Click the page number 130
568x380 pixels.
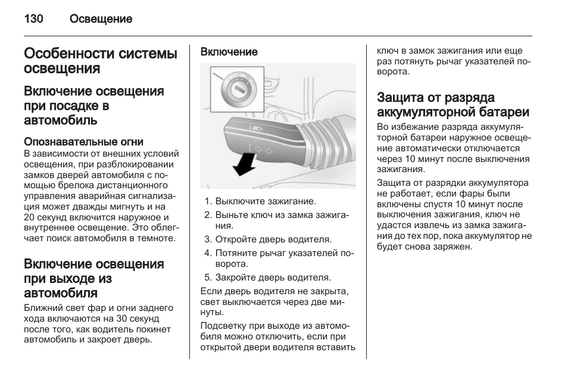point(33,19)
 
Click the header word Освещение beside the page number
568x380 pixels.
point(101,19)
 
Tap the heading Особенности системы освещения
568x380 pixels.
point(101,61)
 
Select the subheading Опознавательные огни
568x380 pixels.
point(83,142)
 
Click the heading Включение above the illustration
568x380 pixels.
point(229,52)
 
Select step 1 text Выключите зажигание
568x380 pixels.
point(266,201)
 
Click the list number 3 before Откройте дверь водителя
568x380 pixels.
point(208,239)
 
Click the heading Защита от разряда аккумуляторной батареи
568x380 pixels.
point(453,105)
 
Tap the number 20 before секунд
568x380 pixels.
point(30,217)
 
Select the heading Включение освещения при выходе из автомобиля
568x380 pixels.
point(94,278)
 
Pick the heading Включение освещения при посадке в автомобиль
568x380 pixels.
point(94,105)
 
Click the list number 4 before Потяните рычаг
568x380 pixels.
point(208,253)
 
